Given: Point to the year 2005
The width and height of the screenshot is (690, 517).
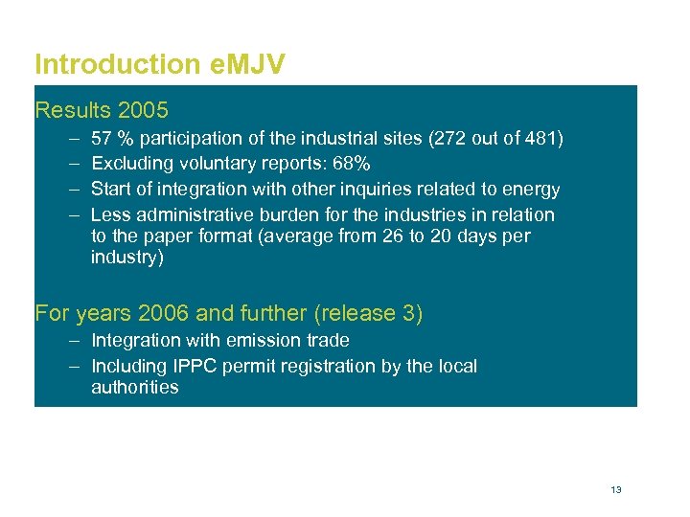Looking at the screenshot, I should [x=143, y=110].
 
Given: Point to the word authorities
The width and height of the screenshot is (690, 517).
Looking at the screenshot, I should [x=134, y=387].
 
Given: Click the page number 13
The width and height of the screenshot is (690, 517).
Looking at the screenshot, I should [x=615, y=489].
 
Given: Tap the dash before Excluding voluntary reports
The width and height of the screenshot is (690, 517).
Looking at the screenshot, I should [x=75, y=165].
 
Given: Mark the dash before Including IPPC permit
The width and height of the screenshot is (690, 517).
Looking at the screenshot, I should [x=75, y=366].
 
